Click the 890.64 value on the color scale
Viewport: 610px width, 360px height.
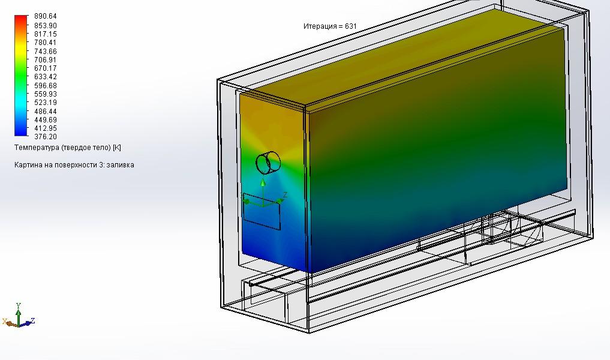point(46,16)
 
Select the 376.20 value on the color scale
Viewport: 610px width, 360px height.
point(46,137)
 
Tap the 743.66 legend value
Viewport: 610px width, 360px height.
point(46,52)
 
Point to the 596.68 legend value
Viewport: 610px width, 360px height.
point(46,86)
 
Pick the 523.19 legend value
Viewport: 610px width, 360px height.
point(46,103)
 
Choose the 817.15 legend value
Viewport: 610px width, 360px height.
point(46,34)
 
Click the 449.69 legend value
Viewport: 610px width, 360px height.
point(46,120)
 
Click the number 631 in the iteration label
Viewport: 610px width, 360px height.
point(350,26)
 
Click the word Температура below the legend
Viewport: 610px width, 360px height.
point(37,148)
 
